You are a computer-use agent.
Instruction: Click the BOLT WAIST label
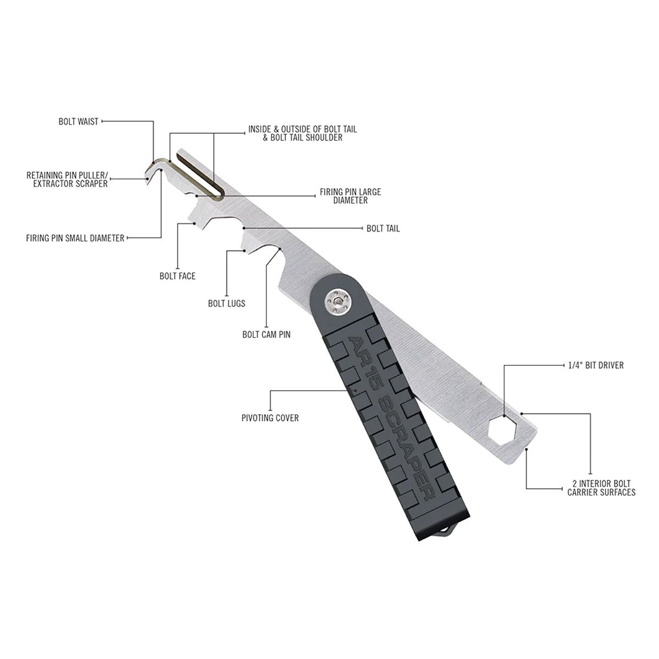point(79,121)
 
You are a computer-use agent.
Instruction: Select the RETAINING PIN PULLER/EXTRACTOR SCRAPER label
point(67,180)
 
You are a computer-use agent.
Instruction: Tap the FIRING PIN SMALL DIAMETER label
point(75,238)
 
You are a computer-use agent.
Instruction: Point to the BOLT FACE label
point(177,276)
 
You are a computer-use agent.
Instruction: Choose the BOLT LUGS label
point(226,303)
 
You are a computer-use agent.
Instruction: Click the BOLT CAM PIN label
point(266,334)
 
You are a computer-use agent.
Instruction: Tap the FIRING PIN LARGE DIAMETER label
point(350,197)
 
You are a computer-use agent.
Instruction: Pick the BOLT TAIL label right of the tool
point(383,228)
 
